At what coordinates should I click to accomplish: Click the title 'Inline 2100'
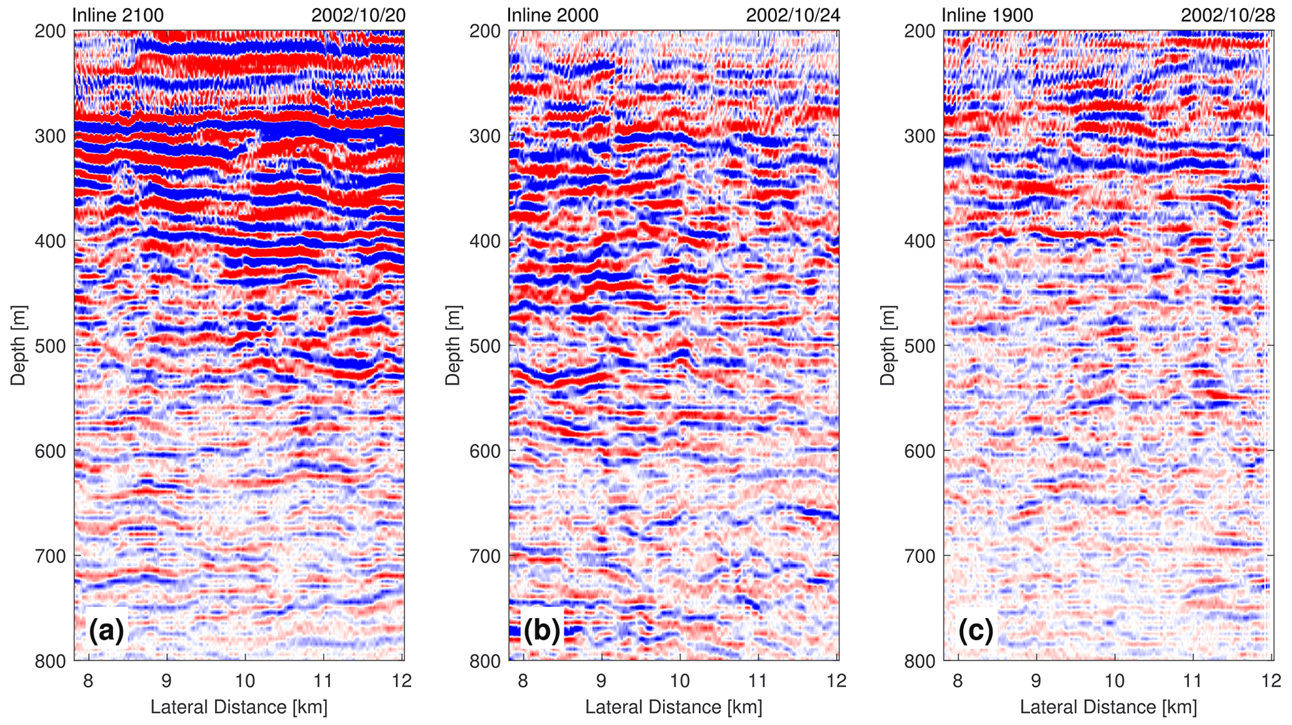(118, 15)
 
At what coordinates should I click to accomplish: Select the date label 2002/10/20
(358, 15)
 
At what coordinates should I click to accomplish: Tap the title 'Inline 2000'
(552, 15)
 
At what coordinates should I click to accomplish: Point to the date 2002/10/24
(793, 15)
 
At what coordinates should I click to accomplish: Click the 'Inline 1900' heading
(987, 15)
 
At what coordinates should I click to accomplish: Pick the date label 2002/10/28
(1228, 15)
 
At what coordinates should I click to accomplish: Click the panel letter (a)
(107, 631)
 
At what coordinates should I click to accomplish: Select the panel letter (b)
(541, 631)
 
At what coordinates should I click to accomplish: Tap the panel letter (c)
(976, 631)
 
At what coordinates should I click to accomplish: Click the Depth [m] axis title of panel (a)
(18, 345)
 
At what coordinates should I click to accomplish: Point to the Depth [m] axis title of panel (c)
(888, 345)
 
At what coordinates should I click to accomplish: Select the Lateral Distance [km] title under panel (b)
(673, 707)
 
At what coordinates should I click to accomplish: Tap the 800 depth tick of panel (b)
(486, 661)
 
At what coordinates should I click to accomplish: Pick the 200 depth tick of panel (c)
(920, 31)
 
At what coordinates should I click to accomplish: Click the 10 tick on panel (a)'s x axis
(244, 680)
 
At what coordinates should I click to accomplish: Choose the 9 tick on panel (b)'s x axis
(601, 680)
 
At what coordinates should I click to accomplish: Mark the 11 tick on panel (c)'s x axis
(1193, 680)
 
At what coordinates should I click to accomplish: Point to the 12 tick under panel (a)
(401, 680)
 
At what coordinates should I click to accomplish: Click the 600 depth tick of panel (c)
(920, 451)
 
